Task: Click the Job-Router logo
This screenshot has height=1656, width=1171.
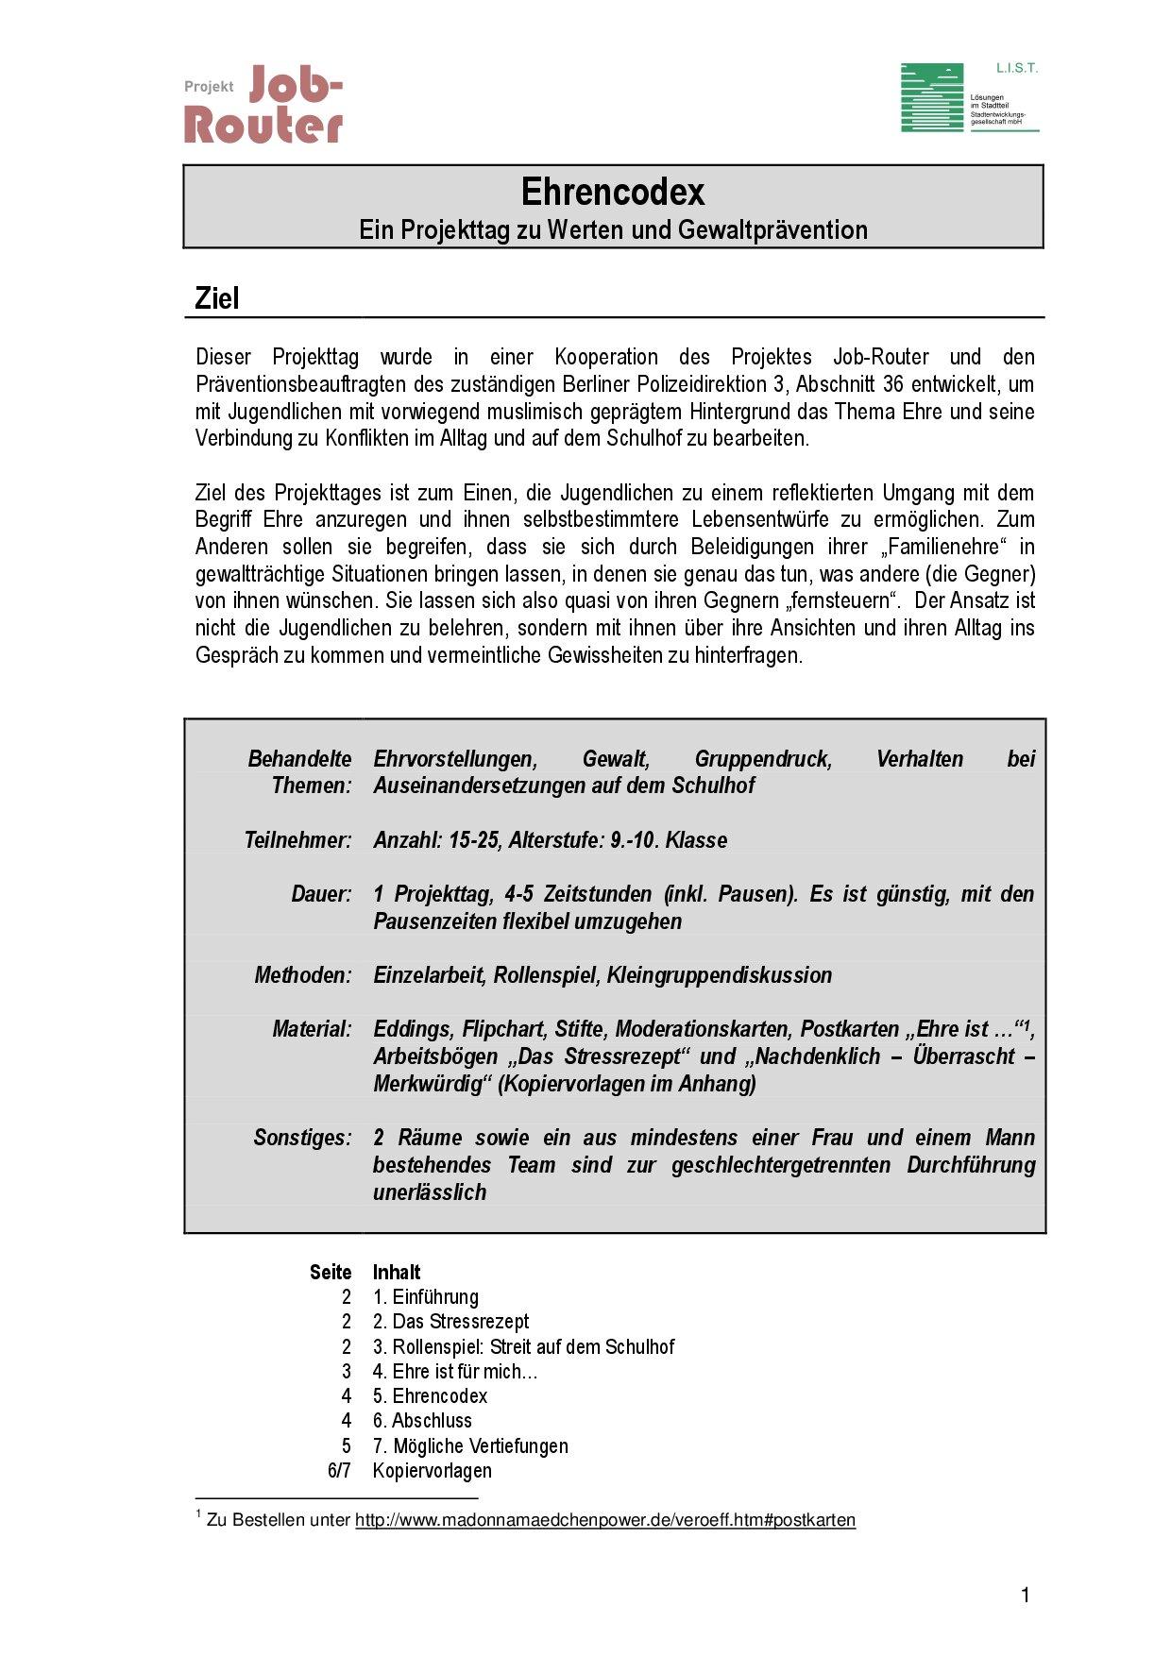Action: (263, 105)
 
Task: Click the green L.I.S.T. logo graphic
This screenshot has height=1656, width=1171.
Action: (931, 98)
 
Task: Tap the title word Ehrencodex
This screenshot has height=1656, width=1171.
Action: (613, 193)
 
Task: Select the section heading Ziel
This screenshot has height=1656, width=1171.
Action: (217, 298)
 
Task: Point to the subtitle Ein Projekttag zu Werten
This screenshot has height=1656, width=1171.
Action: (613, 229)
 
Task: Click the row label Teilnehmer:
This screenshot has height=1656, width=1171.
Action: (297, 840)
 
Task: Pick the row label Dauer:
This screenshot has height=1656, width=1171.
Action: (321, 894)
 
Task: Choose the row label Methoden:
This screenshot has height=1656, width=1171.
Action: (303, 975)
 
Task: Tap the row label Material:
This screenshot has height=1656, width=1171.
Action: (312, 1029)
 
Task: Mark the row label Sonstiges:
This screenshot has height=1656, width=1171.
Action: (302, 1138)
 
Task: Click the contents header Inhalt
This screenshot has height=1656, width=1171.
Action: (397, 1273)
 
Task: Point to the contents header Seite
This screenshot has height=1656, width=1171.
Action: (331, 1273)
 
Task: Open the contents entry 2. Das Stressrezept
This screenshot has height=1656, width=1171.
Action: (450, 1322)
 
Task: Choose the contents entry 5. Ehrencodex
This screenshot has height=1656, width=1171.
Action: (430, 1396)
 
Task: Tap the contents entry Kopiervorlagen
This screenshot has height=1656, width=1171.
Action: (432, 1471)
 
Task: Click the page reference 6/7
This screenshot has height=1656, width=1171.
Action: (339, 1471)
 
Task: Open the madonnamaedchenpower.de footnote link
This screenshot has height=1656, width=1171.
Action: (605, 1521)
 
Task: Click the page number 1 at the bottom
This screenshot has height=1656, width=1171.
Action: (1026, 1597)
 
